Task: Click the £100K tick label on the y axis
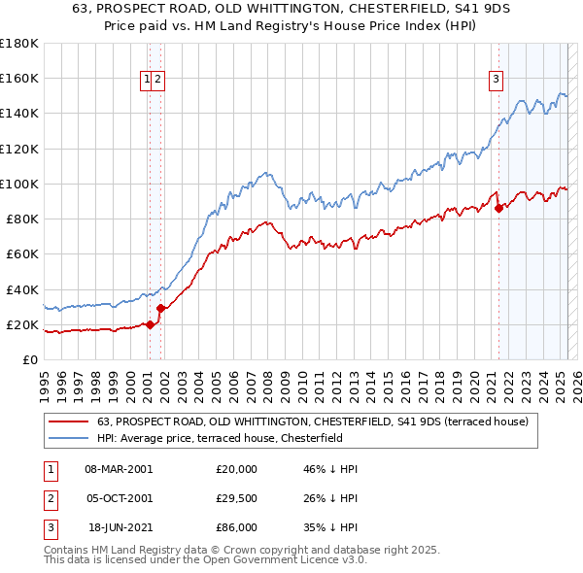(x=19, y=184)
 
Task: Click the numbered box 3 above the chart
(x=496, y=81)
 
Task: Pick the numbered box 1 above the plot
(x=147, y=81)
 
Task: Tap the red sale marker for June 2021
(x=498, y=207)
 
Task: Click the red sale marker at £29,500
(x=161, y=307)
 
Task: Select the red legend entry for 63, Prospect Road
(x=312, y=421)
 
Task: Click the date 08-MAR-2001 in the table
(x=120, y=469)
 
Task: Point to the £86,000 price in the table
(x=236, y=527)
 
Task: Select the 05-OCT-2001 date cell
(x=120, y=498)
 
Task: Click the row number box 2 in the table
(x=50, y=498)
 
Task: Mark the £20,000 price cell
(x=236, y=469)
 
